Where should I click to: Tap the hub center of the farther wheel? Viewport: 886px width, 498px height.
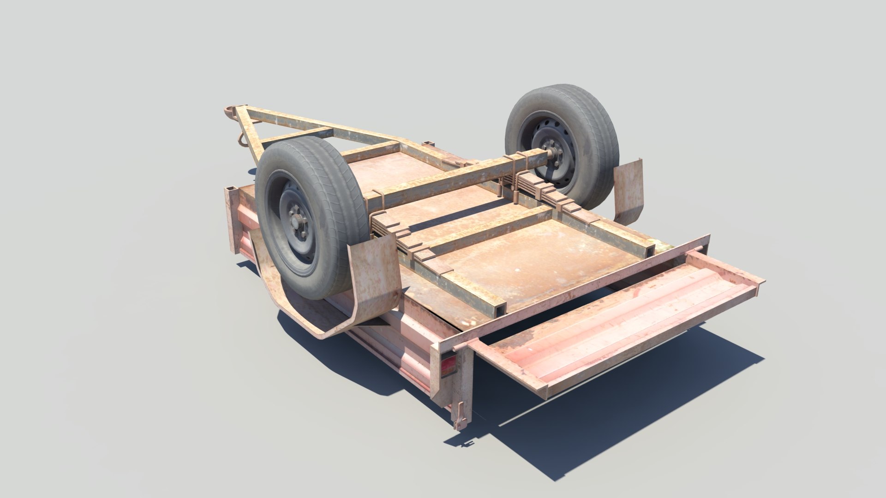pos(551,155)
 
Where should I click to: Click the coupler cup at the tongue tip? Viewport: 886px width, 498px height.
pos(229,110)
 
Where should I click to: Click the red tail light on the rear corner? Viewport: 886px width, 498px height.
pos(447,367)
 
